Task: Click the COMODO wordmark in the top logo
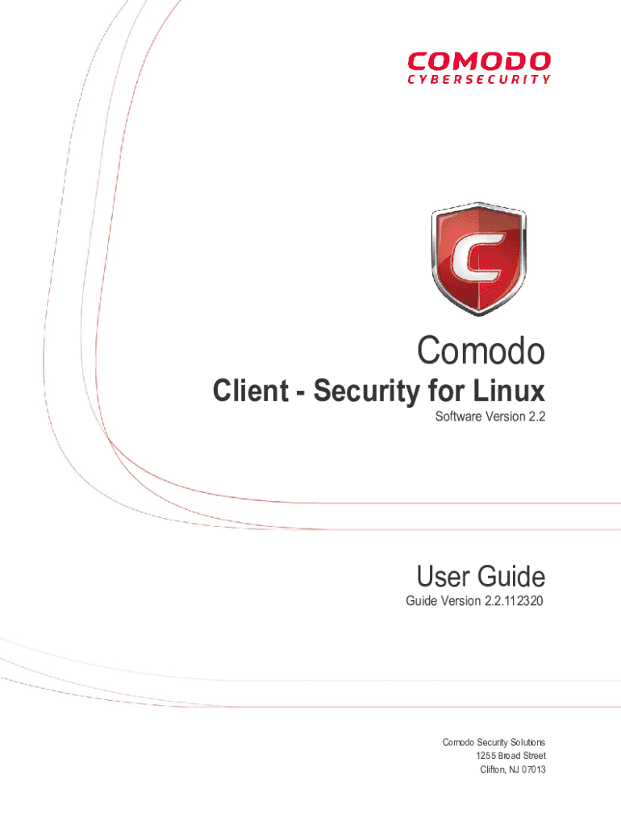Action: point(479,61)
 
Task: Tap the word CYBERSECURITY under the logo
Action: point(479,79)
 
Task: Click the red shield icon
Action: point(478,257)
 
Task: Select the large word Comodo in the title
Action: point(481,351)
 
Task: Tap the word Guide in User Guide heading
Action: point(511,577)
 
